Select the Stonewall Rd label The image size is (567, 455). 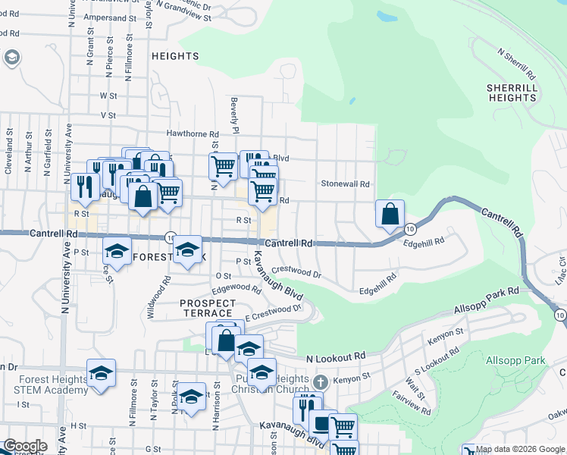click(x=345, y=184)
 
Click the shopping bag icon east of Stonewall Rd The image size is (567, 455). click(x=390, y=215)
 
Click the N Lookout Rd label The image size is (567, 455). click(x=336, y=356)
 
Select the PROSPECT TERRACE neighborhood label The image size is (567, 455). click(x=206, y=308)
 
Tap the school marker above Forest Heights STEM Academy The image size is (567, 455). click(x=101, y=373)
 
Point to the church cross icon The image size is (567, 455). click(x=321, y=381)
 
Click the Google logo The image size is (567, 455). click(x=26, y=446)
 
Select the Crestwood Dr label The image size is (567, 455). click(x=296, y=271)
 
